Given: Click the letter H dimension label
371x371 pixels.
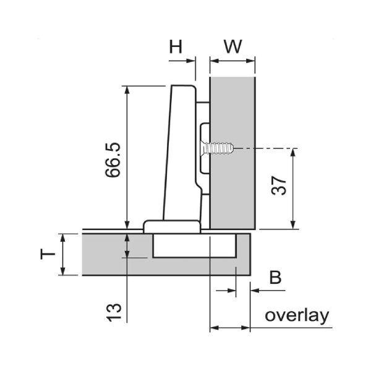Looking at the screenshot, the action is coord(176,46).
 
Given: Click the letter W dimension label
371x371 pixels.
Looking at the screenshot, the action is coord(233,46).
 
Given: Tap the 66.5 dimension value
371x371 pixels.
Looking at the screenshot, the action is coord(113,160).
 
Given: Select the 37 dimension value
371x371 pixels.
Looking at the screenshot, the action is coord(279,185).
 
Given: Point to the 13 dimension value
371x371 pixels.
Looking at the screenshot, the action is coord(114,312).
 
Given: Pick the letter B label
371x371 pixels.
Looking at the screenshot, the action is coord(275,277).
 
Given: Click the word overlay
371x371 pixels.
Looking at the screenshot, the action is coord(297,315).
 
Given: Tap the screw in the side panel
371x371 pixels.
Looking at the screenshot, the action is coord(217,148).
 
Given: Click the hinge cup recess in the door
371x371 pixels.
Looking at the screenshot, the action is coord(195,245).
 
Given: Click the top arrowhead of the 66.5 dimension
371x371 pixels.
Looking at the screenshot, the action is coord(127,90).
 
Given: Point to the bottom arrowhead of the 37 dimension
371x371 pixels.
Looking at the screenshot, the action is coord(293,225).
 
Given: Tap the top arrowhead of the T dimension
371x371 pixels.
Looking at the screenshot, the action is coord(62,238).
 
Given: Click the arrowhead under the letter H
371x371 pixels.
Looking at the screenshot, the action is coord(190,61).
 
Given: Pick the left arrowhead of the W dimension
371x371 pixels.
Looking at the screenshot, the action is coord(215,61).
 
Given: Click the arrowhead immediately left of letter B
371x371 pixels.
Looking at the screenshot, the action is coord(232,291).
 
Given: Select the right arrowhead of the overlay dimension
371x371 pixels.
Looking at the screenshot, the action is coord(245,328).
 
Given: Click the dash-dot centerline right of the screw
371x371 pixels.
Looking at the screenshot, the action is coord(266,148).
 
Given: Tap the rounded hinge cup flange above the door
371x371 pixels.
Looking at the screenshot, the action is coord(172,227).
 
